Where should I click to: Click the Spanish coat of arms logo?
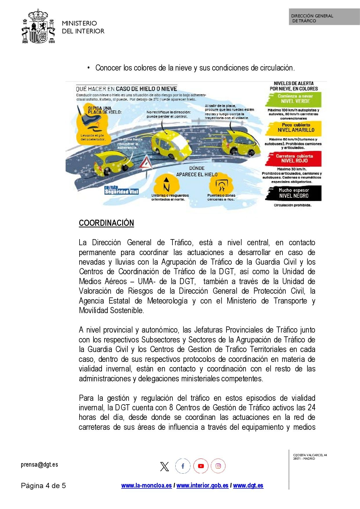click(x=38, y=26)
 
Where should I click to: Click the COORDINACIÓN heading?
click(x=106, y=223)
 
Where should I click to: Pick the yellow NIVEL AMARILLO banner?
click(x=294, y=128)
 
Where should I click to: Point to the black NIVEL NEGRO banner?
click(x=294, y=193)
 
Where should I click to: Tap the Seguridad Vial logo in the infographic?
click(x=121, y=190)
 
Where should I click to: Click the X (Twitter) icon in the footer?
click(x=165, y=466)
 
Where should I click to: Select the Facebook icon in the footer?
click(x=183, y=466)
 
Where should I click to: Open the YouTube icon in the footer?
click(x=201, y=466)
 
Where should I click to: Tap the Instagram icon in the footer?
click(x=218, y=466)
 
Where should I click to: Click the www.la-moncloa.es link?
click(x=146, y=485)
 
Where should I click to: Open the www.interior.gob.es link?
click(x=202, y=485)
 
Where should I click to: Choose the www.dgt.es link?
click(x=248, y=485)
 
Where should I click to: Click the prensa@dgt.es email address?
click(x=39, y=465)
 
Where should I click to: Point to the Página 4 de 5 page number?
click(x=43, y=485)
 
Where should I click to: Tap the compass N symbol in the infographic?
click(x=166, y=185)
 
